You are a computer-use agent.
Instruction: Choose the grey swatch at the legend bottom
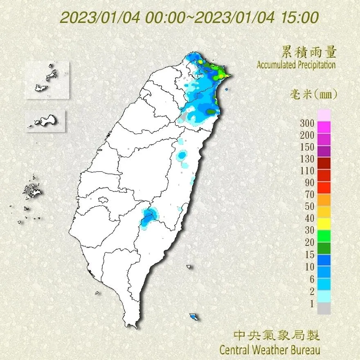(324, 308)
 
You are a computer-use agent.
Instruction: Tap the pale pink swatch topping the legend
(324, 115)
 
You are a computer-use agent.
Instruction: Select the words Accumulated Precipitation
(296, 65)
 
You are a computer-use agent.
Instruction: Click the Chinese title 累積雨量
(309, 52)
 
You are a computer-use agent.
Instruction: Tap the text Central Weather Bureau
(270, 350)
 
